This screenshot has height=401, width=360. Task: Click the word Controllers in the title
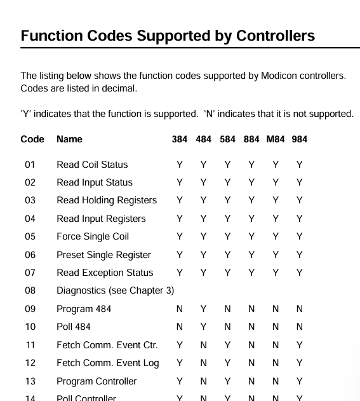[276, 36]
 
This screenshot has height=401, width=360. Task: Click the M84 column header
[276, 139]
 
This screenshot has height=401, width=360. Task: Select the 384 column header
[179, 139]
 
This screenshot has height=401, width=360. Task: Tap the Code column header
[32, 139]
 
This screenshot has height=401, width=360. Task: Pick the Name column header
[69, 139]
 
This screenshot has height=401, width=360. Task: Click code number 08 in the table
[30, 290]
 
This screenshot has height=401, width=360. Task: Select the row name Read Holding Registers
[107, 201]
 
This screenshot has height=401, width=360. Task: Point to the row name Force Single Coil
[93, 236]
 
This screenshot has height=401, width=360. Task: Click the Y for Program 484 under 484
[203, 309]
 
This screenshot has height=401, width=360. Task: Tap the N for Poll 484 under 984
[300, 327]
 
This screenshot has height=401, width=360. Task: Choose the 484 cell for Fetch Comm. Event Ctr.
[203, 345]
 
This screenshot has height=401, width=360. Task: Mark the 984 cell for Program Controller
[300, 381]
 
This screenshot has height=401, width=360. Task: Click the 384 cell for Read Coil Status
[179, 165]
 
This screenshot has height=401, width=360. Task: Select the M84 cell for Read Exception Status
[276, 273]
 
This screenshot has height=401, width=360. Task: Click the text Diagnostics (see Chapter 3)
[115, 291]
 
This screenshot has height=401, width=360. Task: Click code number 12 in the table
[30, 363]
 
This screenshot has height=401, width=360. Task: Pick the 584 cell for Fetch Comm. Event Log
[227, 363]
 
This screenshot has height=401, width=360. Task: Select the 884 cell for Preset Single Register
[251, 255]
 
